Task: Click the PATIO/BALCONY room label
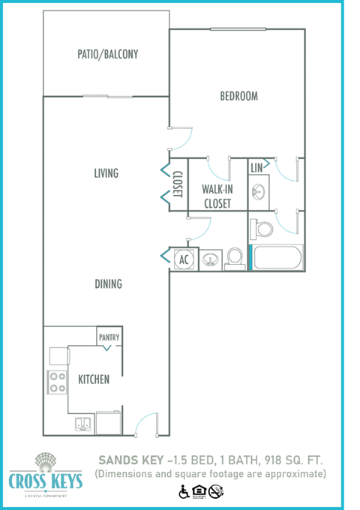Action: [x=107, y=55]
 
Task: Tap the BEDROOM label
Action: [x=238, y=96]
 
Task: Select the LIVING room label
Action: [x=106, y=173]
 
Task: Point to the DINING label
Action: [x=108, y=284]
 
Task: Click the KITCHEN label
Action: [x=94, y=379]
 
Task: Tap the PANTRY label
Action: [x=109, y=337]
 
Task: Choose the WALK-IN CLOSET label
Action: [x=216, y=196]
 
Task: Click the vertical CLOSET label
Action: [x=178, y=184]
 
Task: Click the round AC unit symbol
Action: [x=184, y=259]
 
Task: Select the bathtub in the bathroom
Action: [x=277, y=259]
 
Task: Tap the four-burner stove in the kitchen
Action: [x=58, y=382]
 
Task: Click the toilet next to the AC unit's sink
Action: [x=235, y=257]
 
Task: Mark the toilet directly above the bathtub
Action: [x=262, y=226]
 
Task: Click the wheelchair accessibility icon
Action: [x=184, y=492]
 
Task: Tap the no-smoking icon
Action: [x=217, y=492]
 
